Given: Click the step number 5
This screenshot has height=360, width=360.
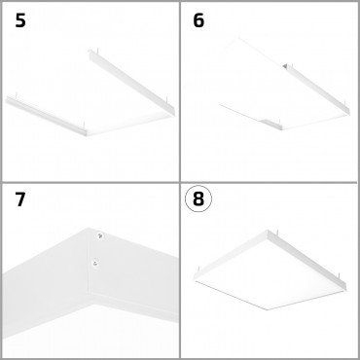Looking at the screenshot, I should point(19,20).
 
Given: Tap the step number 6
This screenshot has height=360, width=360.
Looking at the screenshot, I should point(199,20).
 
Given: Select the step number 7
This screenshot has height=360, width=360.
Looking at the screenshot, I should point(19,200).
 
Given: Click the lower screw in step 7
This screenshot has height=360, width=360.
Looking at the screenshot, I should point(94,261).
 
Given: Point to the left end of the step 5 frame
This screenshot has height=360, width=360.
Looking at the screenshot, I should point(8,98).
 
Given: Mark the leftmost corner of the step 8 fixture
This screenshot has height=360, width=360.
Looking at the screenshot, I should point(196,270).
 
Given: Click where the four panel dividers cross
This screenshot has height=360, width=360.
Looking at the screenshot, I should point(180,180).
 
